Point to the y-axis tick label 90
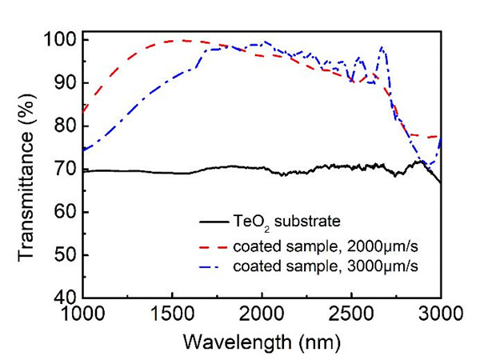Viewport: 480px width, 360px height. click(62, 82)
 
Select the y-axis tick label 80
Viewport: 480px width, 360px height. click(62, 126)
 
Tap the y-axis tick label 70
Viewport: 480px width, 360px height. click(62, 169)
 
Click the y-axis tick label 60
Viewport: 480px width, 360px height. click(62, 212)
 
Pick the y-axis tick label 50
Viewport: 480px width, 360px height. click(62, 255)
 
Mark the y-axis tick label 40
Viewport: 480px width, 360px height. click(62, 298)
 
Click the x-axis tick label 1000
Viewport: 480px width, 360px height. click(83, 315)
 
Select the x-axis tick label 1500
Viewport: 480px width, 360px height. click(173, 315)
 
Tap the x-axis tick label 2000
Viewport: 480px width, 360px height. click(262, 315)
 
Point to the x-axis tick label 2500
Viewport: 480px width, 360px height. click(352, 315)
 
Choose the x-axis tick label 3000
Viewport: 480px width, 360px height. click(440, 315)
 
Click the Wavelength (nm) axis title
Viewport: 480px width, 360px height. click(262, 342)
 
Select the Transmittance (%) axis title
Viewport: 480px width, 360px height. click(26, 170)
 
